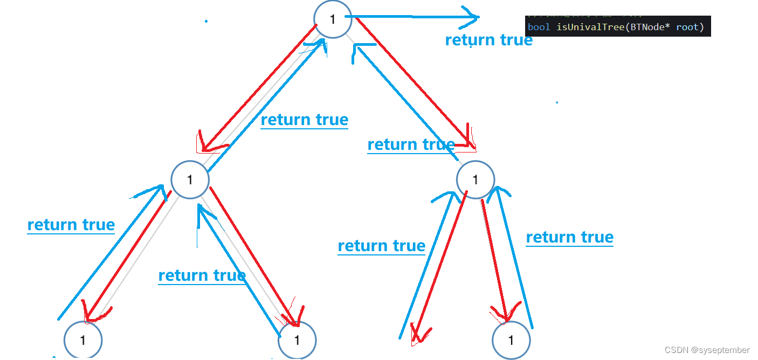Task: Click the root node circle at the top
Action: tap(333, 19)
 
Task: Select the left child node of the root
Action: tap(190, 179)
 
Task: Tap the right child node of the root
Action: tap(475, 179)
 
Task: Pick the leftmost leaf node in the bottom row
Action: tap(82, 340)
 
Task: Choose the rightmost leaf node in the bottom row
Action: tap(511, 340)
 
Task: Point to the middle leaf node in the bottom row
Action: tap(297, 340)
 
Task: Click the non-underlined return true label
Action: tap(488, 40)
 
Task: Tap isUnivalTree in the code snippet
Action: tap(587, 27)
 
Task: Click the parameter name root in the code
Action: tap(687, 27)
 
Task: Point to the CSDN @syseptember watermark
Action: tap(707, 350)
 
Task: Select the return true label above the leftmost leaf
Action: tap(71, 225)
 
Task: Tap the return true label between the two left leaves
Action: tap(202, 275)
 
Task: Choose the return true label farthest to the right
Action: tap(569, 237)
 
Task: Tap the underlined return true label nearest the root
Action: tap(304, 120)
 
